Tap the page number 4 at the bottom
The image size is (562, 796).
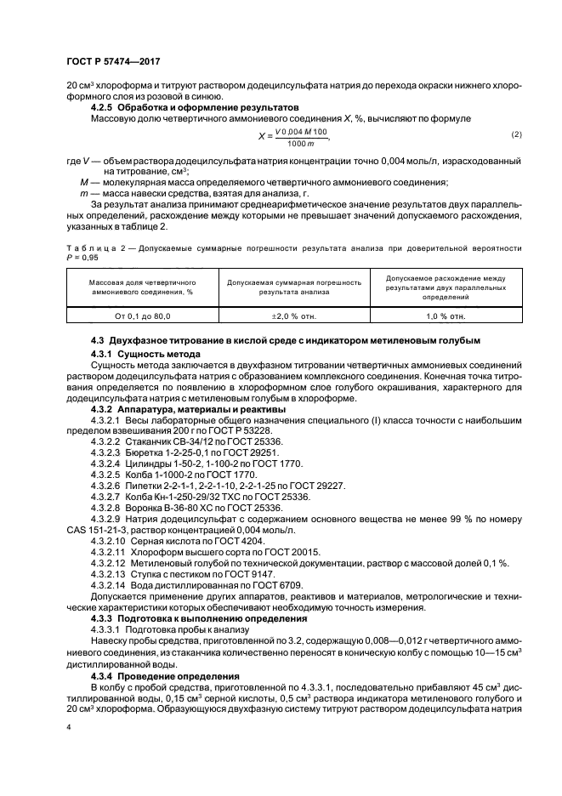pos(69,728)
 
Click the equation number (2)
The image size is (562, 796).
pos(515,135)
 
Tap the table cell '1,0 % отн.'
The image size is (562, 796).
pos(446,316)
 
